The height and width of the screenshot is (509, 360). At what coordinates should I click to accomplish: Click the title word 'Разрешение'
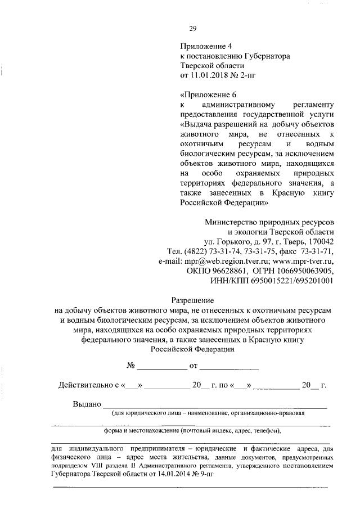coord(192,300)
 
